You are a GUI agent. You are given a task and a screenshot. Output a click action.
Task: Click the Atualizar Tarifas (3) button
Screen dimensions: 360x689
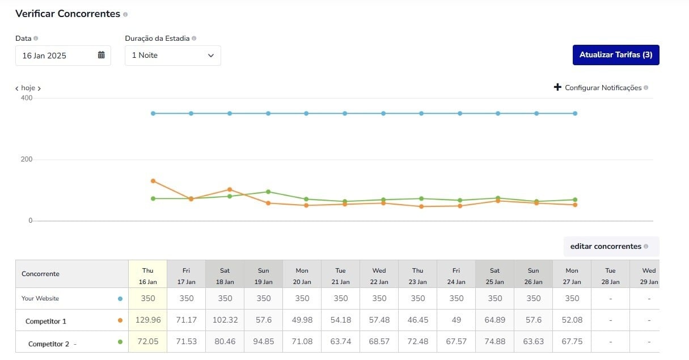pos(615,55)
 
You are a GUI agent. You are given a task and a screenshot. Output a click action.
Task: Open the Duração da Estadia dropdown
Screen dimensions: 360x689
pos(172,56)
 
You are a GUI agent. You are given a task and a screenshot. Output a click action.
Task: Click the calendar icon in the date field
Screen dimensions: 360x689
pos(102,55)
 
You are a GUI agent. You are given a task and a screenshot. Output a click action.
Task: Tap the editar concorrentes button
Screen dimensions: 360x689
pos(606,247)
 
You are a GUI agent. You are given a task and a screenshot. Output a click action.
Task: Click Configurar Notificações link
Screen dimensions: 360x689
pos(603,88)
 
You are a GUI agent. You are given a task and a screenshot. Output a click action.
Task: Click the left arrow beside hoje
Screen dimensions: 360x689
pos(17,88)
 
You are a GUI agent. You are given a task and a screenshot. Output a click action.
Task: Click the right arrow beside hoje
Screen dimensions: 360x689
pos(39,88)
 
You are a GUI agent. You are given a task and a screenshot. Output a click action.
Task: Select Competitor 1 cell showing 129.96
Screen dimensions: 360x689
pos(148,320)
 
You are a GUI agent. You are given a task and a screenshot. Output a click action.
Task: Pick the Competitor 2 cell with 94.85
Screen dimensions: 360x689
pos(264,342)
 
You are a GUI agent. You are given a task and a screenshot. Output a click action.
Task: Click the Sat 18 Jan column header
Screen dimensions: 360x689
pos(225,276)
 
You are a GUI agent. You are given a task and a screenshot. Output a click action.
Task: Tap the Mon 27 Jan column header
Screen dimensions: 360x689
pos(572,276)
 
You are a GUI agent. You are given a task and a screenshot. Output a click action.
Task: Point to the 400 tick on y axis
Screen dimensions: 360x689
pos(27,98)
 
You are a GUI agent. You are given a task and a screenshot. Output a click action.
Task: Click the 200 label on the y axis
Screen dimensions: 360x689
pos(27,159)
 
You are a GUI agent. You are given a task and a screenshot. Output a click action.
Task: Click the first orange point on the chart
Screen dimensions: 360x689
pos(153,181)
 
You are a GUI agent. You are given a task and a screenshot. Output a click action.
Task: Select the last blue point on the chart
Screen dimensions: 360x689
pos(575,113)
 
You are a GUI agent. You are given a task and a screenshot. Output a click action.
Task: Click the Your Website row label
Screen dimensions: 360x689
pos(40,298)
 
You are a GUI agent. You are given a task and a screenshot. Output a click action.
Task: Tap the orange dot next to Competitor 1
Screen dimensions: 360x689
pos(120,320)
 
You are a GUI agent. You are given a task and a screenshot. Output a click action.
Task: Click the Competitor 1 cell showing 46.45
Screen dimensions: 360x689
pos(417,320)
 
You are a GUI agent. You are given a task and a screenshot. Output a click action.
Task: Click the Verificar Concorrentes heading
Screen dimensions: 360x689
pos(67,14)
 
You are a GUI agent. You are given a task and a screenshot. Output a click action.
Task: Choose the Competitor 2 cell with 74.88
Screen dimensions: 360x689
pos(494,342)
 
